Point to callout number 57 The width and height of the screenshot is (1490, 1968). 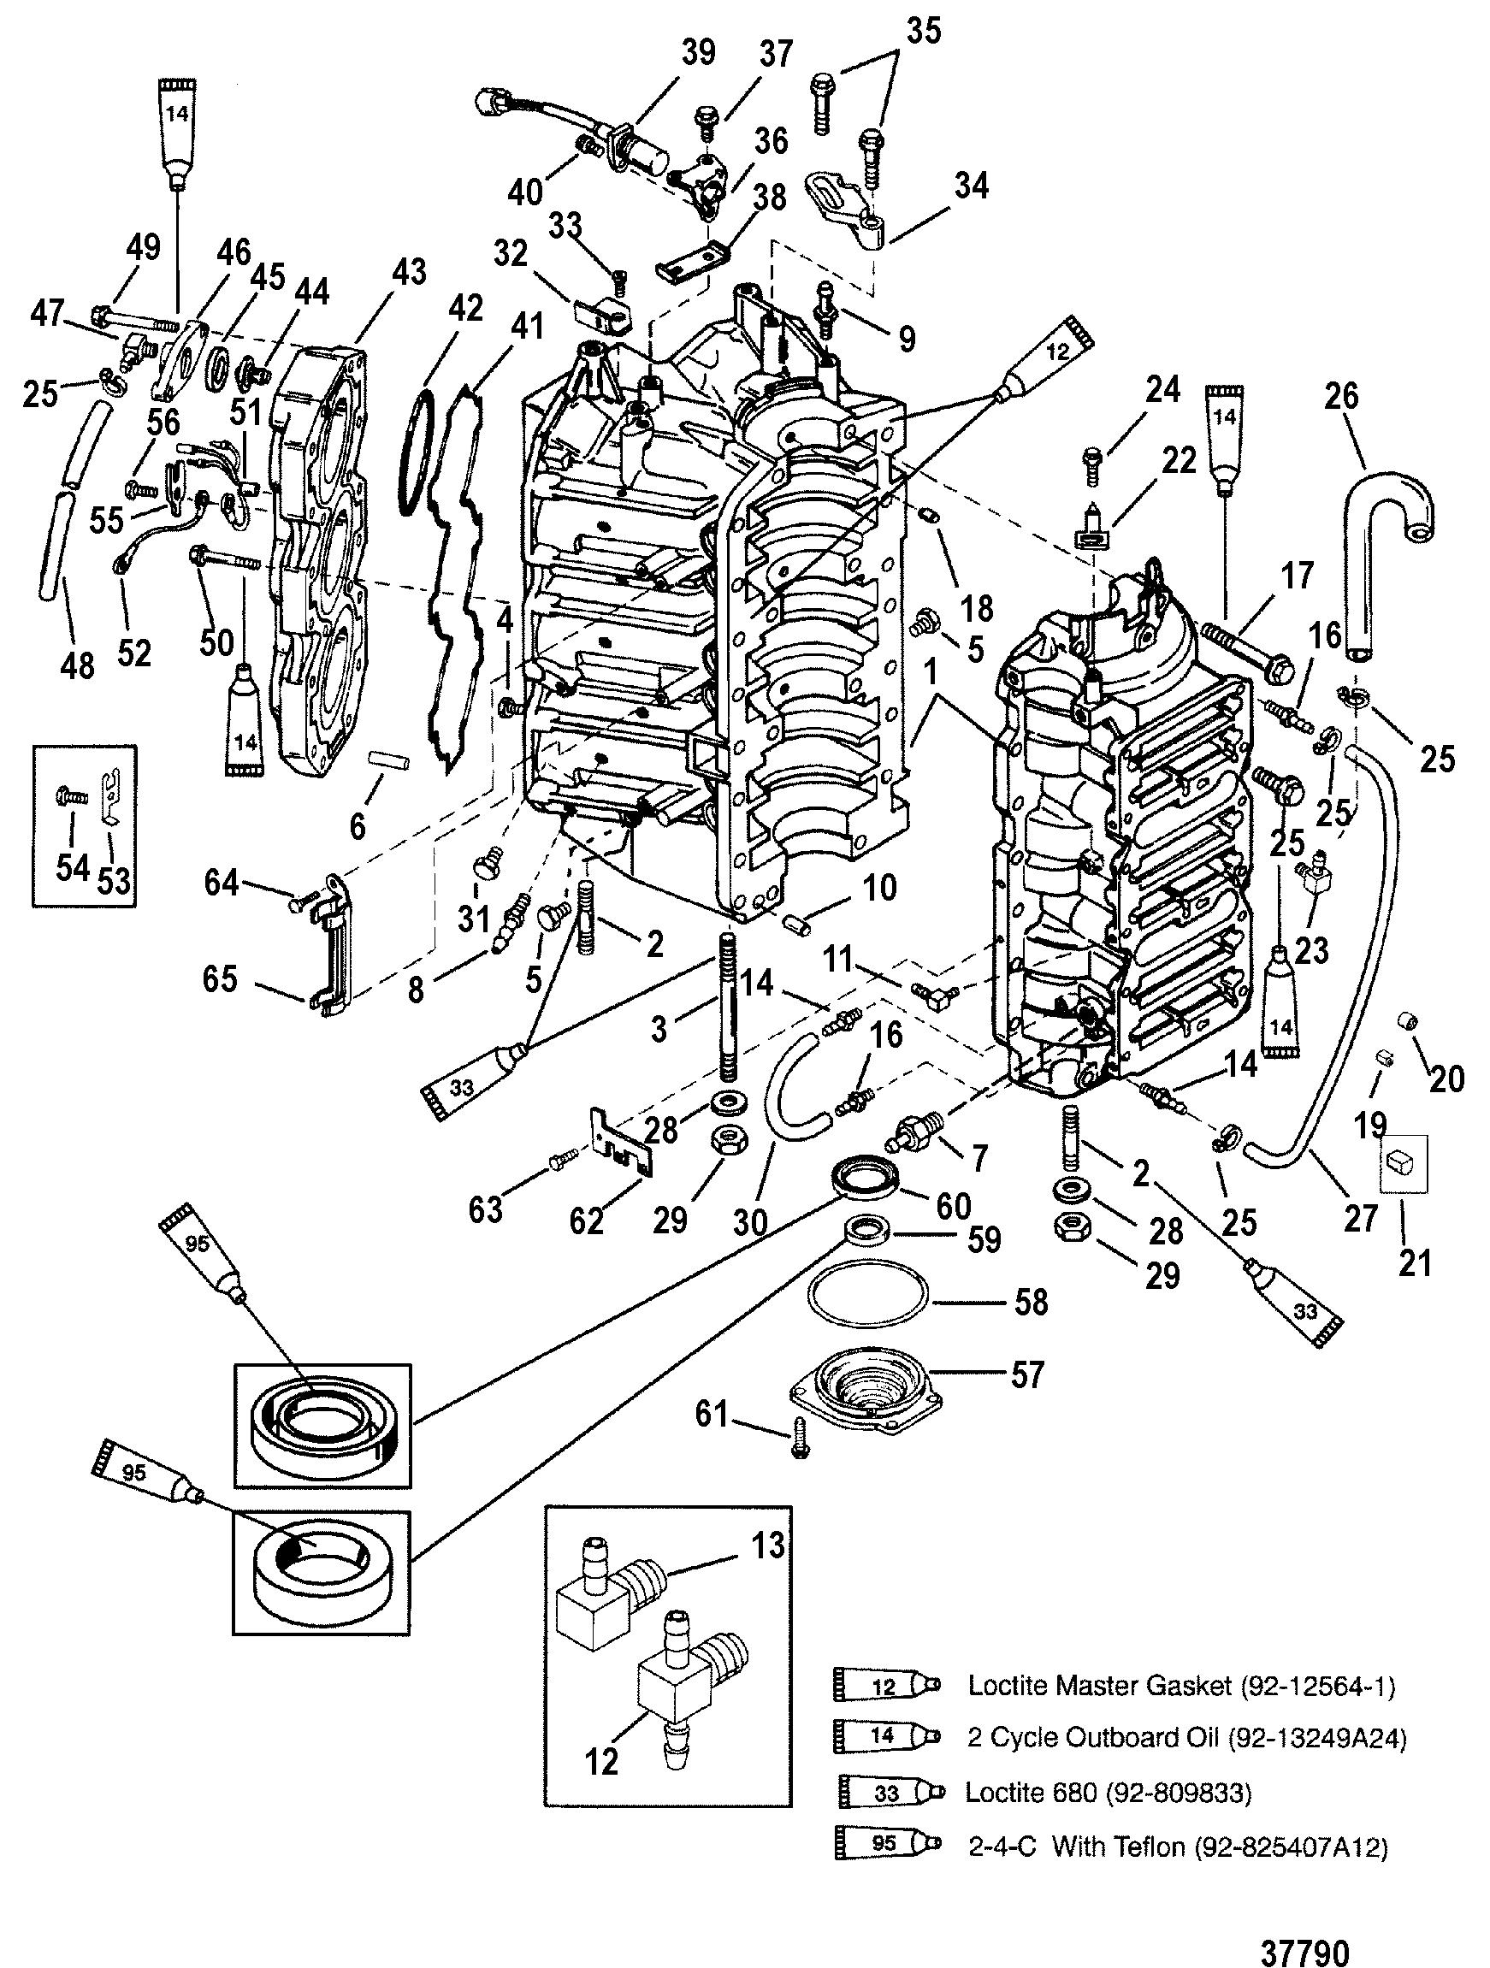[x=1027, y=1375]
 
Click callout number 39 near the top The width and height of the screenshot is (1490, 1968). [x=697, y=53]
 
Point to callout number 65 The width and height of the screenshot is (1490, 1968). [x=220, y=979]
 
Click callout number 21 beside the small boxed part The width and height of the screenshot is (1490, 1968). [x=1415, y=1262]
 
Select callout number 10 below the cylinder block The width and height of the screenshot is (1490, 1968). [x=880, y=888]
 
